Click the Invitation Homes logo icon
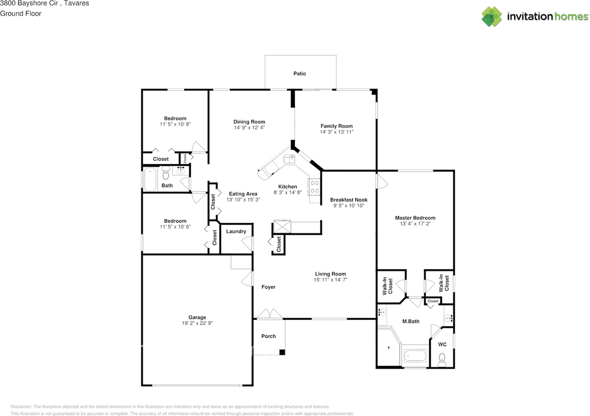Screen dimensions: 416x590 point(492,17)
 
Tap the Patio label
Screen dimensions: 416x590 point(300,73)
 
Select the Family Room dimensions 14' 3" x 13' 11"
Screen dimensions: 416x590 point(336,132)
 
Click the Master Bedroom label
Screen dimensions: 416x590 point(415,218)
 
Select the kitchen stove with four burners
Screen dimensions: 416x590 point(314,187)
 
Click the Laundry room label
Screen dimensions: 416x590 point(236,232)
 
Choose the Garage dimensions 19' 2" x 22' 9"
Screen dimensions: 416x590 point(197,323)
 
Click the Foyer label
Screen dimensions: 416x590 point(268,287)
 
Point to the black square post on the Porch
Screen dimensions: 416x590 point(282,352)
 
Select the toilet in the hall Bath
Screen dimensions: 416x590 point(166,174)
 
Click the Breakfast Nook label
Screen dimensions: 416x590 point(348,200)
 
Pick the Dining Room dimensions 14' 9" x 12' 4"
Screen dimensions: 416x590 point(249,128)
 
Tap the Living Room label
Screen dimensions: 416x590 point(330,273)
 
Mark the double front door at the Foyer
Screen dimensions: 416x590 point(270,315)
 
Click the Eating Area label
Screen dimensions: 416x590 point(242,194)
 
